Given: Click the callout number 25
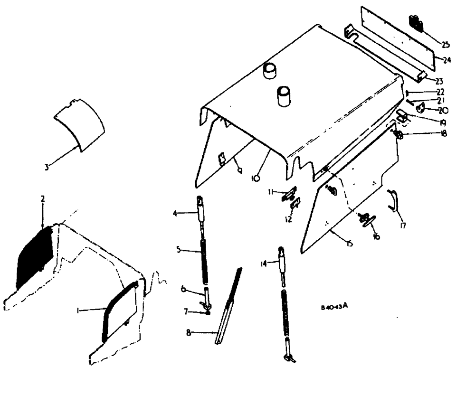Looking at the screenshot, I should (x=445, y=45).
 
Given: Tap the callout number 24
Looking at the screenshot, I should (x=447, y=60).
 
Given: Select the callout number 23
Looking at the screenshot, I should (x=439, y=81).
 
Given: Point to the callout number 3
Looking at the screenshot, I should (x=47, y=168).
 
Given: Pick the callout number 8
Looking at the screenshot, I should (x=189, y=333).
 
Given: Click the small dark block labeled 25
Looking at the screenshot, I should (x=416, y=23).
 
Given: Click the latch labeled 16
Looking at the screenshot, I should (x=367, y=220).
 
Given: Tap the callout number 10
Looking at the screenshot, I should (x=255, y=178).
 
